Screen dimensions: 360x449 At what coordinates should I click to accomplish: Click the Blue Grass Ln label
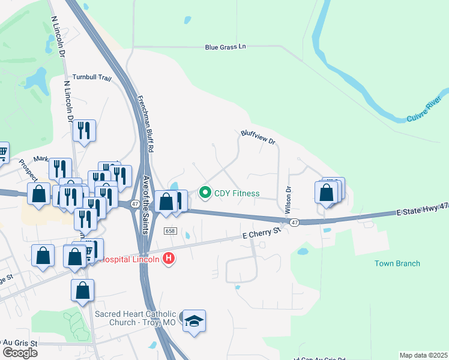click(x=226, y=47)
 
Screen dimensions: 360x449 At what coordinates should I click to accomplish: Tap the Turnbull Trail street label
click(x=92, y=77)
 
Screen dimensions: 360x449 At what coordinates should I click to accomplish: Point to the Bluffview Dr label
click(x=258, y=137)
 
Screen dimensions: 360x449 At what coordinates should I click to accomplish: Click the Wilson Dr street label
click(x=289, y=197)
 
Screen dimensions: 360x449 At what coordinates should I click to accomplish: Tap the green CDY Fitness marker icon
click(x=205, y=193)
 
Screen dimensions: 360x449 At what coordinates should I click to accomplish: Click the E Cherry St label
click(x=261, y=233)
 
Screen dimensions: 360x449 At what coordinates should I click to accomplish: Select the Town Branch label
click(x=397, y=263)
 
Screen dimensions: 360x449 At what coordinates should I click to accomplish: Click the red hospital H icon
click(x=169, y=259)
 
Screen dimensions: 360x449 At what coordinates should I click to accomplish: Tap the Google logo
click(x=20, y=353)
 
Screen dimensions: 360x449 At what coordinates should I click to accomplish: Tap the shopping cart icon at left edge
click(x=3, y=153)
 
